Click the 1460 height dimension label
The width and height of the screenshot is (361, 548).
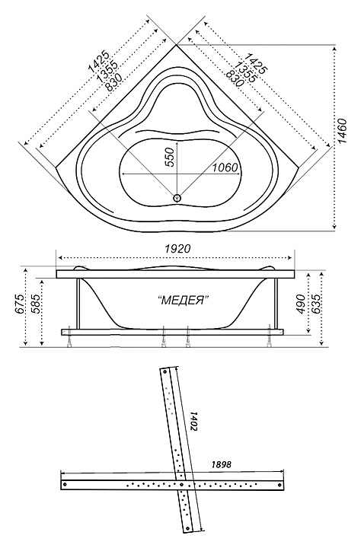point(343,132)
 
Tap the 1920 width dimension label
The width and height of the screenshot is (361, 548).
point(177,248)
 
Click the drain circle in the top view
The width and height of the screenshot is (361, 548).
point(177,198)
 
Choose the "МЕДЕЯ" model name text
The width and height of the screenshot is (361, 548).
point(184,300)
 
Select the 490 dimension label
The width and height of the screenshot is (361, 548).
point(301,304)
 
